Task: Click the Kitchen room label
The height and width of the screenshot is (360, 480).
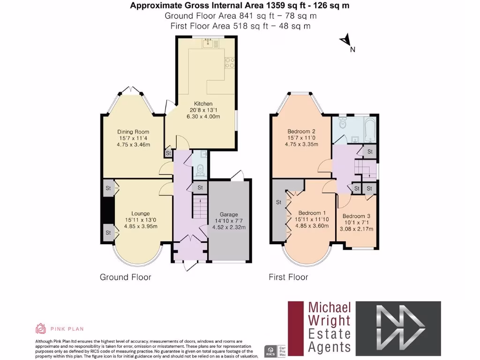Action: tap(203, 104)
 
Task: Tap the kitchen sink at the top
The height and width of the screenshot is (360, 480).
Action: tap(208, 43)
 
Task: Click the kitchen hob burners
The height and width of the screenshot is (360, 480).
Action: tap(230, 63)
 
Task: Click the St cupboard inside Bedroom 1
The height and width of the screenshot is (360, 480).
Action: tap(278, 202)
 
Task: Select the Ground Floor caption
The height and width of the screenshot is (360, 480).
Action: tap(126, 277)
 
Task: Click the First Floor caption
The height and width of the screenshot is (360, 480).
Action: tap(288, 277)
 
